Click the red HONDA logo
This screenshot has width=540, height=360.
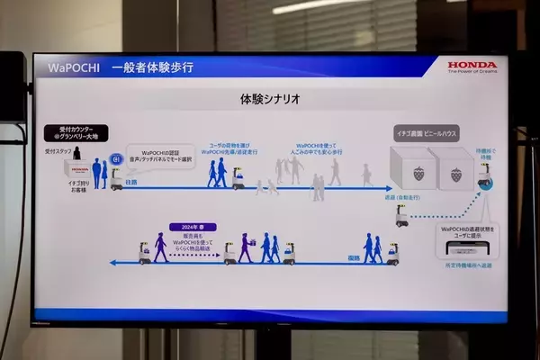tap(472, 65)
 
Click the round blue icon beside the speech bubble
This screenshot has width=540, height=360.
tap(114, 159)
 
